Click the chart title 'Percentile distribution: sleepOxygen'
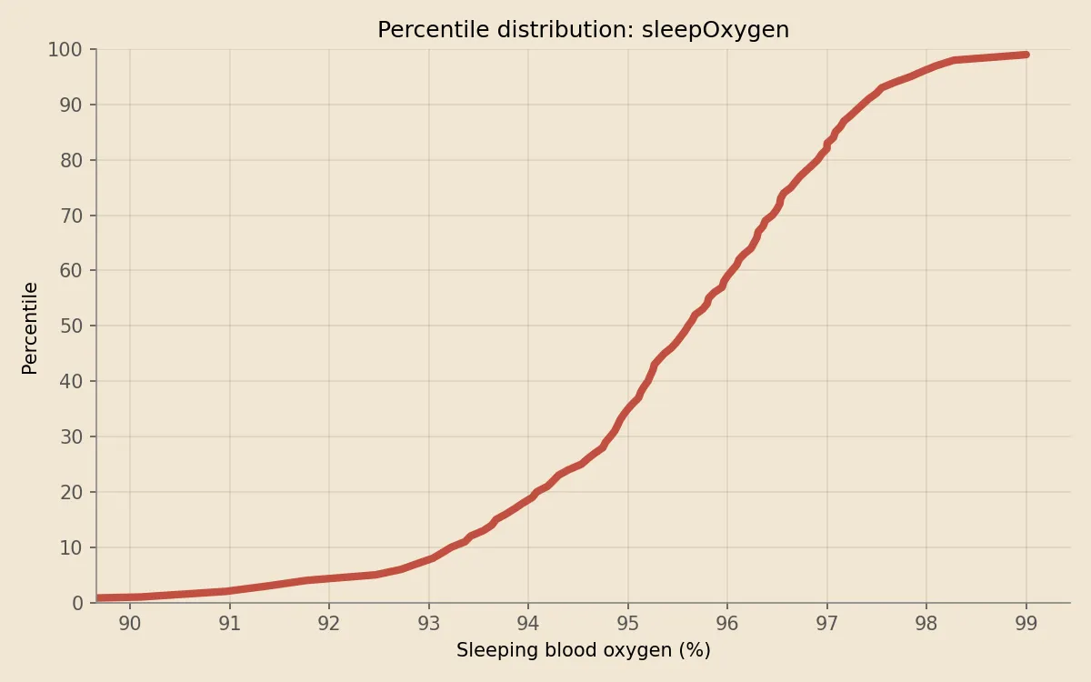tap(583, 30)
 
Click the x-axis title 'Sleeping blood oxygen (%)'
tap(583, 650)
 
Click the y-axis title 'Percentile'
tap(30, 327)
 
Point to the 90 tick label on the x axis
tap(130, 624)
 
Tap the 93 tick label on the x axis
tap(429, 624)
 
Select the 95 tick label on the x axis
tap(628, 624)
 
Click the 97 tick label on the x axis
tap(827, 624)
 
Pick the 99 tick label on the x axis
tap(1026, 624)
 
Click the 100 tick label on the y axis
tap(65, 50)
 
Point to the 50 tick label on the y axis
tap(70, 326)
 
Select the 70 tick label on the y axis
tap(70, 216)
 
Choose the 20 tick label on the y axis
tap(70, 492)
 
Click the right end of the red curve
tap(1026, 55)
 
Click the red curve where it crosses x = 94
tap(528, 498)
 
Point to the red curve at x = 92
tap(329, 577)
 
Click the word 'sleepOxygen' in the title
tap(717, 30)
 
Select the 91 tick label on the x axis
tap(230, 624)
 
